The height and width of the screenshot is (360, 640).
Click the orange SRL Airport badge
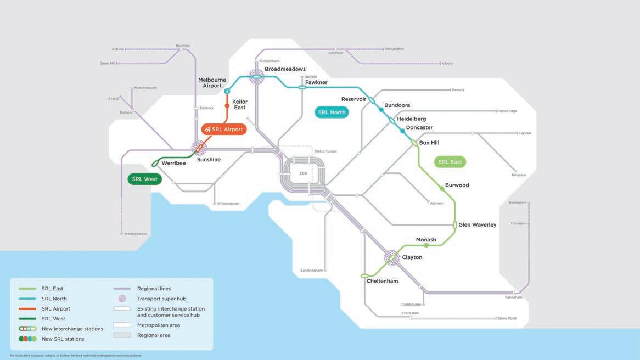click(x=224, y=130)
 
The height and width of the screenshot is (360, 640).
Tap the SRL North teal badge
click(x=332, y=113)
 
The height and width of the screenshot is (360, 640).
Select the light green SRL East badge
click(x=450, y=162)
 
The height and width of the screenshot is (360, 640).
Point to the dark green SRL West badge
click(x=144, y=179)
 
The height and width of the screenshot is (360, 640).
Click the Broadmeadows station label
click(x=285, y=69)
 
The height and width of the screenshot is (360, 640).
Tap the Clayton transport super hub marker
click(x=392, y=257)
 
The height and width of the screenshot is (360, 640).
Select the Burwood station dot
click(x=442, y=188)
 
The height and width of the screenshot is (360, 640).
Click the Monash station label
click(x=426, y=240)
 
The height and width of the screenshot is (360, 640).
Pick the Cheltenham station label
click(x=382, y=282)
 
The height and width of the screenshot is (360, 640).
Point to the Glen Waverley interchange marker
click(x=455, y=224)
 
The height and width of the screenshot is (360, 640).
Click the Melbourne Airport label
click(x=212, y=83)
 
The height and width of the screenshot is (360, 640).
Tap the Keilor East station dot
click(x=227, y=105)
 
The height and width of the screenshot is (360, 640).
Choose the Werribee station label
click(x=173, y=164)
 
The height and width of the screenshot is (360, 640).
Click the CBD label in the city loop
click(x=303, y=173)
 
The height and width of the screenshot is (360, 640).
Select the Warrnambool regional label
click(x=136, y=234)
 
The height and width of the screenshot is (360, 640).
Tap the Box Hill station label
click(x=429, y=143)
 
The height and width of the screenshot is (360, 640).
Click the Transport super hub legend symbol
click(x=122, y=299)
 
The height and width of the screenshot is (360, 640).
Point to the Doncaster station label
click(x=419, y=128)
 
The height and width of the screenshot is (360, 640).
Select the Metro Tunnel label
click(x=325, y=151)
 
